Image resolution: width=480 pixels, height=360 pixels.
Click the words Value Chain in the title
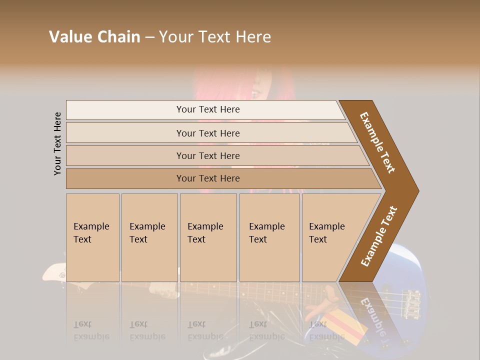pos(94,37)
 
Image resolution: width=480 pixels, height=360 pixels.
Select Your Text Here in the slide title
pos(215,37)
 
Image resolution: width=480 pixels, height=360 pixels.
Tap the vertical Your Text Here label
pos(57,143)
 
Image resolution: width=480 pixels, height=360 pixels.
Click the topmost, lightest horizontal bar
pos(207,109)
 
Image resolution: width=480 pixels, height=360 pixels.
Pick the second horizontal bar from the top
pos(207,133)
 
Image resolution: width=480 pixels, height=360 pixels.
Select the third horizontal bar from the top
pos(207,155)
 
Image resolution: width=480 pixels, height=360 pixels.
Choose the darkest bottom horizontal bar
pos(207,178)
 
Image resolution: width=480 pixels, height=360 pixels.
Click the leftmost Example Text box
pos(92,237)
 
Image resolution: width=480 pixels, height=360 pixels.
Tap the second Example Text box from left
pos(149,237)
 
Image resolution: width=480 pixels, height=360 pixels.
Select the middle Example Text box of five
pos(208,237)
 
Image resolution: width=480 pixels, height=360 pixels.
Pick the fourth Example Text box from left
pos(269,237)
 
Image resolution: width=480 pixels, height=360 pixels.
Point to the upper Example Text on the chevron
pos(377,142)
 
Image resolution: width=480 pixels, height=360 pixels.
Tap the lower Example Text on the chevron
pos(379,236)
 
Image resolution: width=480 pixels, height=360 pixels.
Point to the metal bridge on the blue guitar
pos(412,302)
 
